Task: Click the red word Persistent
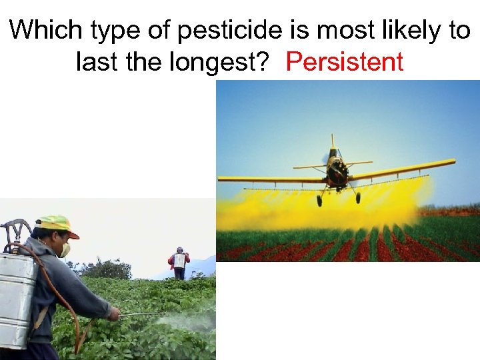[344, 62]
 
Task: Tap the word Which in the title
[42, 30]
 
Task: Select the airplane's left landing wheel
[319, 201]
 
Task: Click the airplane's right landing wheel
[357, 198]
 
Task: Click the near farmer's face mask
[65, 249]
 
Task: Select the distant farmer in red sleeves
[179, 263]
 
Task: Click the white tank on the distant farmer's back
[179, 260]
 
